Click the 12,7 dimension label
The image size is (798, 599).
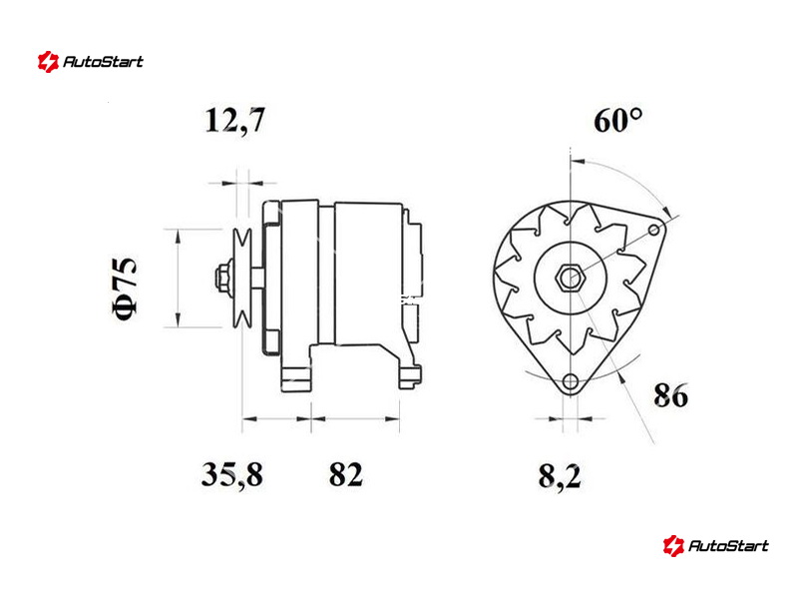234,121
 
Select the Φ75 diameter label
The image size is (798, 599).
125,289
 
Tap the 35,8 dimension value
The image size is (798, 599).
232,474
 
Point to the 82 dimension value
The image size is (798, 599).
346,474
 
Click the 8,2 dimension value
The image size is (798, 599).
560,477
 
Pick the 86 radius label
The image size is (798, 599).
670,394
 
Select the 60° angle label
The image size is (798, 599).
617,120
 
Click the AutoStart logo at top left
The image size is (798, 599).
90,62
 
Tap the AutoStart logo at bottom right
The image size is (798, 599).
715,545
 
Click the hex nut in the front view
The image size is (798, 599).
570,279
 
